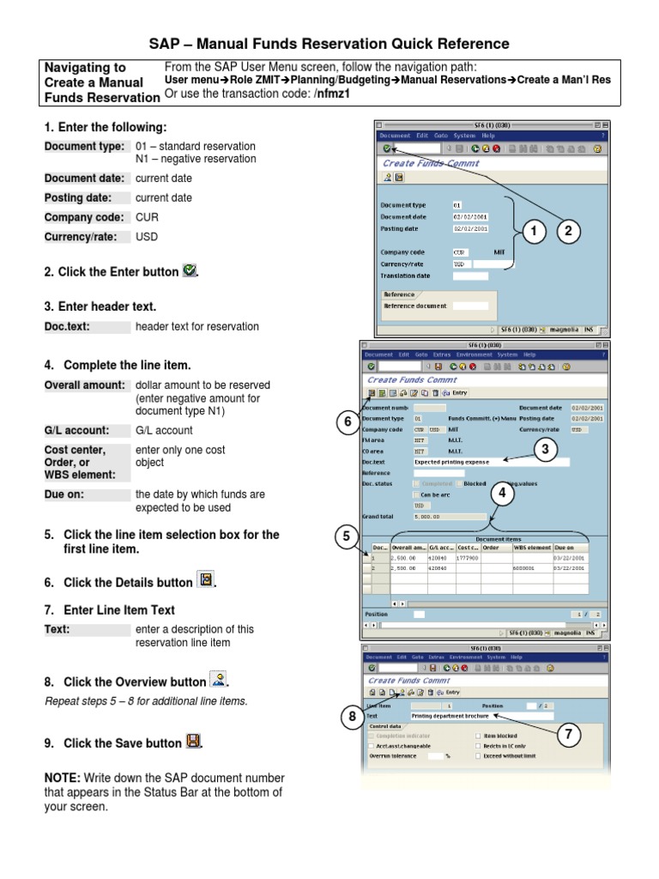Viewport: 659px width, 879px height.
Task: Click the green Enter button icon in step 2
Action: pos(190,271)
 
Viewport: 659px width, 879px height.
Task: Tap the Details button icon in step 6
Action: pos(205,581)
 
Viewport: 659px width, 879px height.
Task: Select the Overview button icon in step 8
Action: pos(219,681)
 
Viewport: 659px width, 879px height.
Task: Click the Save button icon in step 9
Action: pos(193,743)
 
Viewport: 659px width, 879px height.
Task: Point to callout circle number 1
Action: pos(533,231)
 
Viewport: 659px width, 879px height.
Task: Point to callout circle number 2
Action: pos(567,231)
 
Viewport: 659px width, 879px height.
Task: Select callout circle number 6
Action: pos(347,421)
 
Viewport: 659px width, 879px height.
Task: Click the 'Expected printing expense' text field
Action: pos(490,462)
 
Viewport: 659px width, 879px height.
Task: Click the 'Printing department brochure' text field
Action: pos(481,714)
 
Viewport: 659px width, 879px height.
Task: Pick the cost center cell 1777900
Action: pos(468,557)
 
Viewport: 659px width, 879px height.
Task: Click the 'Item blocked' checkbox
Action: pos(479,736)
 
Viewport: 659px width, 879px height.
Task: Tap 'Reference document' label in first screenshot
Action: pos(416,305)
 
